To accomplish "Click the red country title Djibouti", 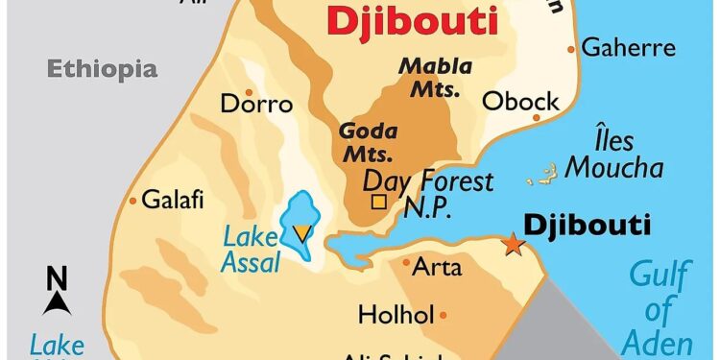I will (x=413, y=20).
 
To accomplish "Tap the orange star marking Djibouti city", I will (x=514, y=245).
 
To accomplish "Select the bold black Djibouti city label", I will (x=587, y=225).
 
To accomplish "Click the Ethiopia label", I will (x=102, y=68).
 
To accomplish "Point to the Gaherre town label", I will (x=629, y=47).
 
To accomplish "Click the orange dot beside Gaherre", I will (x=572, y=48).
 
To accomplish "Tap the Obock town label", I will (x=520, y=101).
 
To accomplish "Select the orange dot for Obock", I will (x=537, y=119).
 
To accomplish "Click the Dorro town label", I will (x=255, y=103).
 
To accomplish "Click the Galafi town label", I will (x=173, y=201).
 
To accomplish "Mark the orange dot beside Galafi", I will (x=132, y=201).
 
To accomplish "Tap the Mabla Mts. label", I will (x=436, y=78).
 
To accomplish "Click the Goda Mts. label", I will (x=365, y=142).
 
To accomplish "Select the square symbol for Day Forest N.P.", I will (x=378, y=202).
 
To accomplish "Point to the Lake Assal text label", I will (x=251, y=248).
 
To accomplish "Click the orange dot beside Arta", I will (x=406, y=261).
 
